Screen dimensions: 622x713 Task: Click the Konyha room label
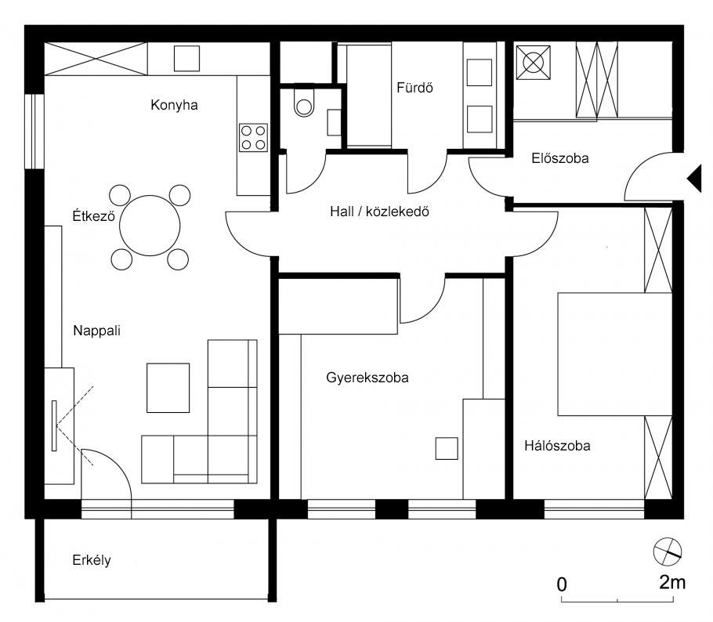coord(173,105)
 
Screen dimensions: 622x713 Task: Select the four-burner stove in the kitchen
coord(253,137)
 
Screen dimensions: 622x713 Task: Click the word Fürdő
coord(414,88)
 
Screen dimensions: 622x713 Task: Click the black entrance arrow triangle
coord(694,179)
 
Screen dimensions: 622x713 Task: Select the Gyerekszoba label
coord(367,378)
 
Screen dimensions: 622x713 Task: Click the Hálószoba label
coord(557,447)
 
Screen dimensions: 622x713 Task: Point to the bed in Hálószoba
coord(613,353)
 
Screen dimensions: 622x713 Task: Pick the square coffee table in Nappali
coord(168,388)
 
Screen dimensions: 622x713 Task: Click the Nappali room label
coord(96,330)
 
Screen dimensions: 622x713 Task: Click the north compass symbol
coord(668,552)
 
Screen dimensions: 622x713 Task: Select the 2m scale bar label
coord(672,582)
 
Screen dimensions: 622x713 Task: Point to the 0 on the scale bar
coord(562,584)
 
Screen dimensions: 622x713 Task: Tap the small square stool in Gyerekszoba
coord(447,448)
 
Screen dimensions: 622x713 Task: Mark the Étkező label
coord(93,216)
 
